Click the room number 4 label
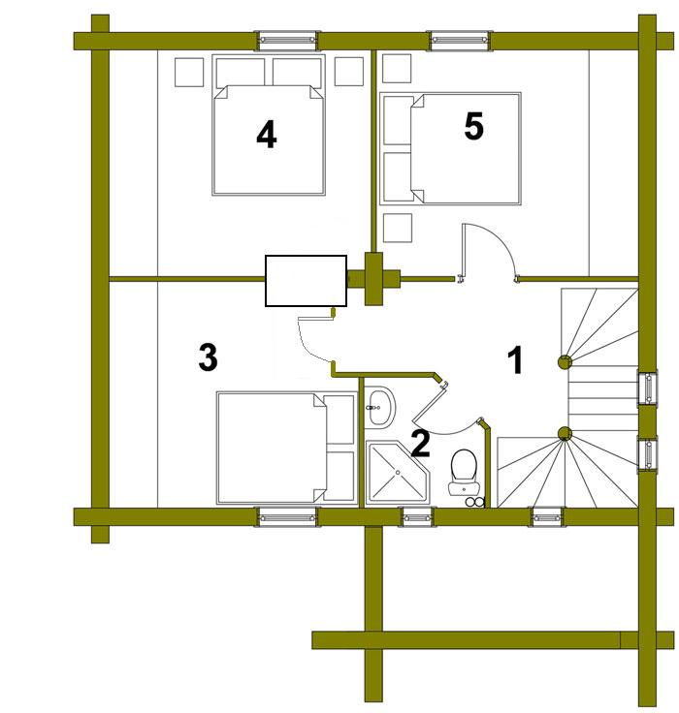pos(267,135)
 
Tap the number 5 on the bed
pos(473,126)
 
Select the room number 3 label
pos(209,356)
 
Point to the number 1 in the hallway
pos(515,359)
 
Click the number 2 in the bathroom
pos(420,444)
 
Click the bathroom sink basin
pos(380,406)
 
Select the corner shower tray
pos(398,472)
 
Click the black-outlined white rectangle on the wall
pos(306,281)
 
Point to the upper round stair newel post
pos(565,362)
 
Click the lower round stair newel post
pos(565,433)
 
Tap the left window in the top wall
pos(287,40)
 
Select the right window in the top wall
pos(460,40)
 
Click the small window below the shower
pos(417,517)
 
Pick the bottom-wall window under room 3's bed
pos(287,517)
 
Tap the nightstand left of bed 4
pos(189,72)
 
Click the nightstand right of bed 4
pos(349,72)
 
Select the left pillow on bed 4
pos(241,73)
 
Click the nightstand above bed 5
pos(397,68)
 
